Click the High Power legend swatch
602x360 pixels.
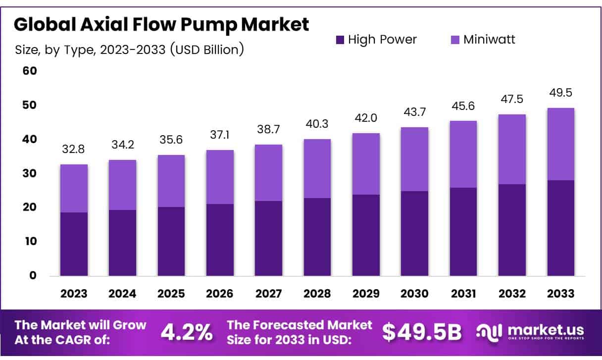click(340, 40)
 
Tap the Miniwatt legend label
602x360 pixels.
click(489, 40)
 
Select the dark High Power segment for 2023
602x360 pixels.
click(74, 244)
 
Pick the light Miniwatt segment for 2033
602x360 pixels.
click(561, 144)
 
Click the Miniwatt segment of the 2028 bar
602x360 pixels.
click(317, 169)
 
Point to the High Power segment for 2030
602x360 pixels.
click(415, 233)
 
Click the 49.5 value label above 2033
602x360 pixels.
click(560, 93)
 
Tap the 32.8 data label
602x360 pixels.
click(74, 150)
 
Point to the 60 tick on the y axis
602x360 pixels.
click(30, 71)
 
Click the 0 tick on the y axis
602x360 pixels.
click(33, 275)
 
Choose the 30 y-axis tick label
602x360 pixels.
click(30, 173)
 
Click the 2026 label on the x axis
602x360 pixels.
click(220, 294)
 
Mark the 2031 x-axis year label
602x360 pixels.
click(463, 294)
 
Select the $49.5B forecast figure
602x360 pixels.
click(421, 333)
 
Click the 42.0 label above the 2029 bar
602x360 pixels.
click(366, 118)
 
